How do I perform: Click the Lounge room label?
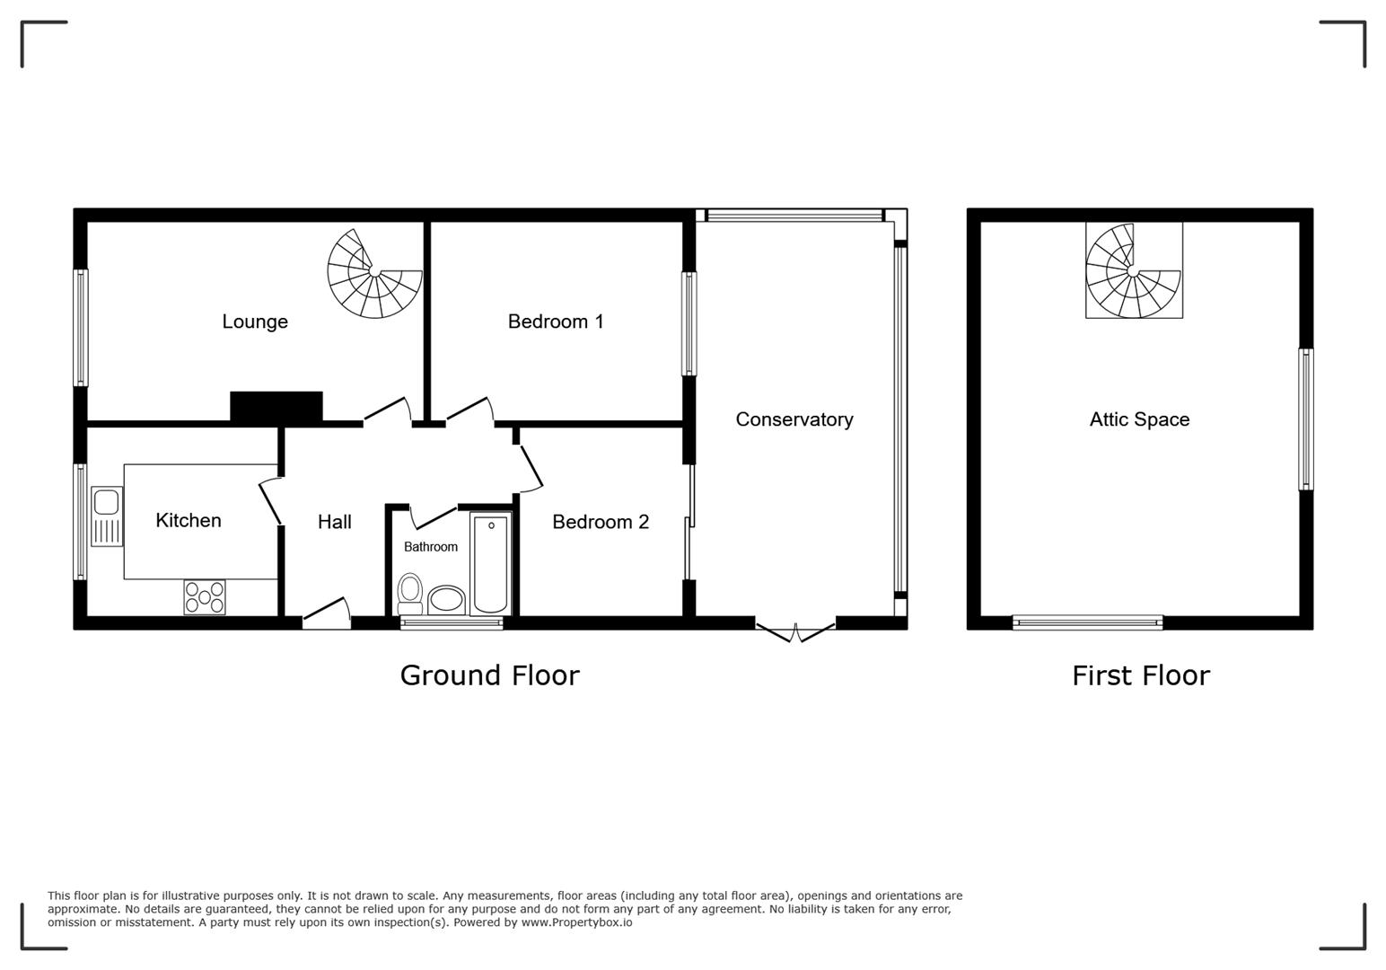pyautogui.click(x=255, y=322)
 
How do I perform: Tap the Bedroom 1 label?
pyautogui.click(x=556, y=322)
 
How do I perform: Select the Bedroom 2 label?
pyautogui.click(x=601, y=522)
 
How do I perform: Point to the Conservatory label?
pyautogui.click(x=794, y=419)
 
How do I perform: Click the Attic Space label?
pyautogui.click(x=1139, y=419)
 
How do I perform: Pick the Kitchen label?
pyautogui.click(x=189, y=520)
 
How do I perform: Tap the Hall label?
pyautogui.click(x=334, y=522)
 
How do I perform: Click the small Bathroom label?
pyautogui.click(x=430, y=547)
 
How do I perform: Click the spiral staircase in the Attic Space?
pyautogui.click(x=1134, y=270)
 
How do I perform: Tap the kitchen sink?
pyautogui.click(x=107, y=516)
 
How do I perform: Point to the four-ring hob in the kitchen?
pyautogui.click(x=205, y=597)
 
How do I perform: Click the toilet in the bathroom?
pyautogui.click(x=410, y=593)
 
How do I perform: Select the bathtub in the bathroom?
pyautogui.click(x=491, y=563)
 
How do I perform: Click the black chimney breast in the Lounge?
pyautogui.click(x=276, y=406)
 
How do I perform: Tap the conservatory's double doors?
pyautogui.click(x=795, y=631)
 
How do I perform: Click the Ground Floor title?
pyautogui.click(x=489, y=675)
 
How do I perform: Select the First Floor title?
pyautogui.click(x=1140, y=675)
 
